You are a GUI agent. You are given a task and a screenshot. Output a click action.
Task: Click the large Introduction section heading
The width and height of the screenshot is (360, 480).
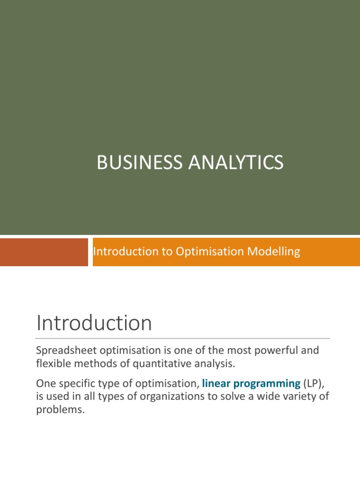tap(94, 323)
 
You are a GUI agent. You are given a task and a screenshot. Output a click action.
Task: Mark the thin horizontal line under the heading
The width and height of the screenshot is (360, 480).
tap(183, 338)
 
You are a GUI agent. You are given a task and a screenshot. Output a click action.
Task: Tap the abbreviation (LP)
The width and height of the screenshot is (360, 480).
tap(314, 383)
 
